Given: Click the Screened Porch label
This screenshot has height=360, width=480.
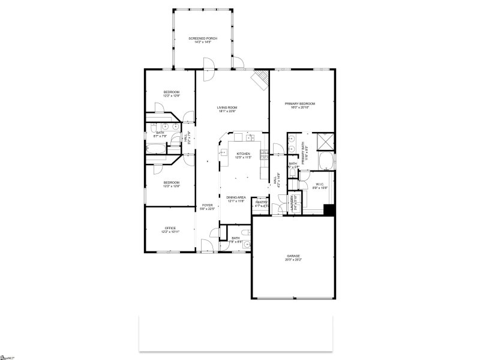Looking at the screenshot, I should coord(203,38).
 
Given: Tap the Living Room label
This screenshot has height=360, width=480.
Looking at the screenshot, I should coord(227,107).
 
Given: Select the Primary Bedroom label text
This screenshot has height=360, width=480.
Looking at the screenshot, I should coord(300,103).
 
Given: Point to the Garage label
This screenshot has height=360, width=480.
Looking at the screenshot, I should coord(293,256).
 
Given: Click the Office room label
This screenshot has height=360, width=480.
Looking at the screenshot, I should coord(170,228).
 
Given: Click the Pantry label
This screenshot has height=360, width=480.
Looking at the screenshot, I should coord(261,202).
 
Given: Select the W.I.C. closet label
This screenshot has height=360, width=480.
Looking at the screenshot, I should coord(320,184).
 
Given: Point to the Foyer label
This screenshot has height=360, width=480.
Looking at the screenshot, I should coord(207,205).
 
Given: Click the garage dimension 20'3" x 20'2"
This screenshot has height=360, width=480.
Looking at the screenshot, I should coord(293,260).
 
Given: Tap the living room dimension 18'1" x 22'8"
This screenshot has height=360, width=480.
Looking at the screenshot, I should coord(227,112).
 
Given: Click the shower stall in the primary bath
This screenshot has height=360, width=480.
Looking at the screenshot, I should coord(326,140).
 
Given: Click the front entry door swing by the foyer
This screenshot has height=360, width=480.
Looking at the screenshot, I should coord(207,245).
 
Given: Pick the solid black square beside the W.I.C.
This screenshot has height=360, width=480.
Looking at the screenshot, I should coord(329,210).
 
